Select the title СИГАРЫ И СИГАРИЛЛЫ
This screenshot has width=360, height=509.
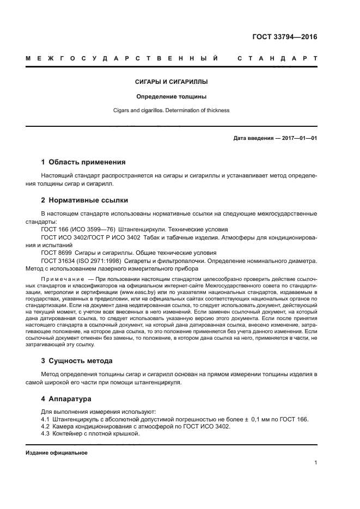[x=172, y=82]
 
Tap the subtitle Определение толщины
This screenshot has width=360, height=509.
[x=172, y=96]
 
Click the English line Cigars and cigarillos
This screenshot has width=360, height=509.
[x=172, y=111]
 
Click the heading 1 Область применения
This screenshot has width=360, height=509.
[x=83, y=162]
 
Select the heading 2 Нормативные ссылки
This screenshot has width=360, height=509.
[x=84, y=200]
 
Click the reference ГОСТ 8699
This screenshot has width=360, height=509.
[x=56, y=253]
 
